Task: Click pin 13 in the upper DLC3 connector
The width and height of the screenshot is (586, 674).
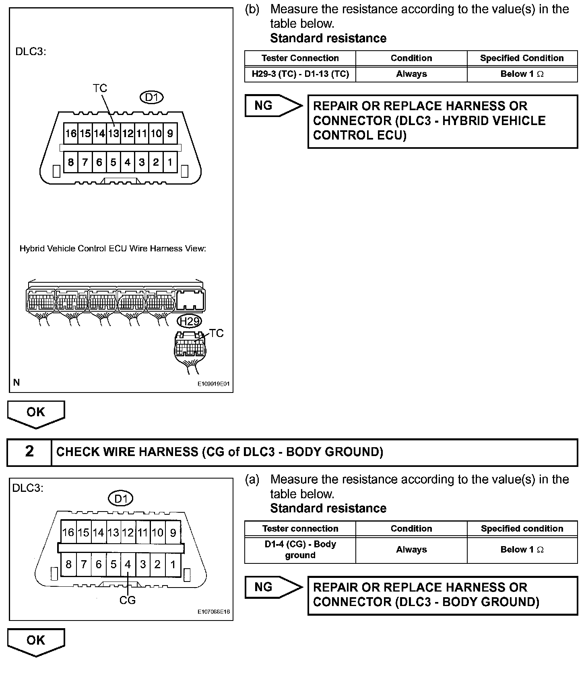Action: pos(113,133)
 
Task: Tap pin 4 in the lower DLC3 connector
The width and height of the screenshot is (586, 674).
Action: pos(128,564)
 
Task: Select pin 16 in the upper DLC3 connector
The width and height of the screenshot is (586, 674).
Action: pos(71,133)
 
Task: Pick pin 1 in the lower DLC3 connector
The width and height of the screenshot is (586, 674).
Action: pos(173,564)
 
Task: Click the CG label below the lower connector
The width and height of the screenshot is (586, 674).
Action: pos(128,600)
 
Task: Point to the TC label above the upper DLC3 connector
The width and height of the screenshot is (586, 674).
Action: pos(100,88)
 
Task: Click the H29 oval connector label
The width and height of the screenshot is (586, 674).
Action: pos(189,321)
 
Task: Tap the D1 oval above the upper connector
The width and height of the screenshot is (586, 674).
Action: pos(152,97)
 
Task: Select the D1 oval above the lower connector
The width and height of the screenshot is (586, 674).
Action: pos(121,499)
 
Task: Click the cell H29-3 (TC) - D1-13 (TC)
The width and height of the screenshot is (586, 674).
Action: pos(300,74)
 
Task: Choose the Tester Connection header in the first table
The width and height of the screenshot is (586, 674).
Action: pos(300,58)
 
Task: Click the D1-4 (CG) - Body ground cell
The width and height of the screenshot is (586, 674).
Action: pos(300,549)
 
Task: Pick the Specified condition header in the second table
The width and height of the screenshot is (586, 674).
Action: pos(522,528)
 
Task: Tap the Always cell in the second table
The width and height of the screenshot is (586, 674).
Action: pos(411,549)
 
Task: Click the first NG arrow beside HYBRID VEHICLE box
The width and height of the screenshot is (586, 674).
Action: pos(272,106)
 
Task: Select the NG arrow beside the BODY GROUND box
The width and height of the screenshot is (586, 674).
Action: pos(272,587)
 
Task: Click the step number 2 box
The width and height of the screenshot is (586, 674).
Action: pos(29,452)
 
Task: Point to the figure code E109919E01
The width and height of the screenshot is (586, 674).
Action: pos(213,384)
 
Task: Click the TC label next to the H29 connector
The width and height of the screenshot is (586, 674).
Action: pos(217,333)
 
